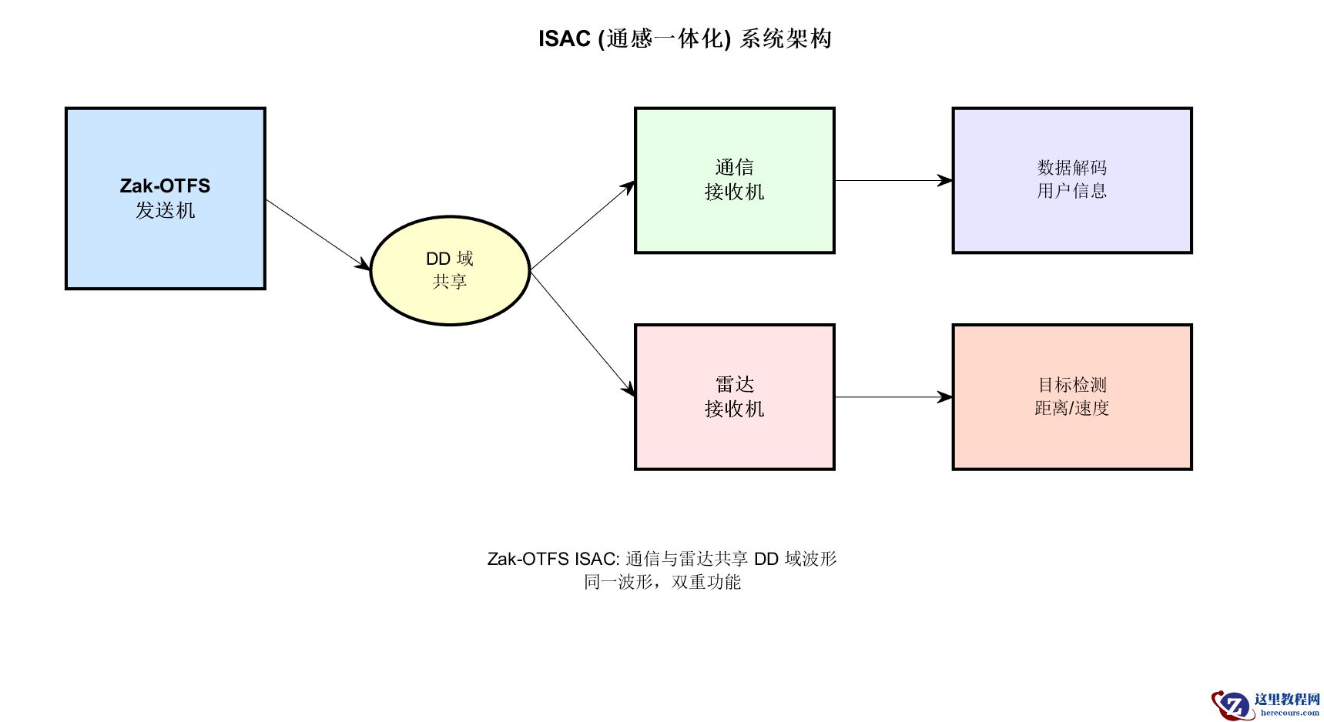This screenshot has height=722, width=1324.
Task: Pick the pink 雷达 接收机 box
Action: pyautogui.click(x=734, y=439)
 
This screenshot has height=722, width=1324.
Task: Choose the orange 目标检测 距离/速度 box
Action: pyautogui.click(x=1071, y=439)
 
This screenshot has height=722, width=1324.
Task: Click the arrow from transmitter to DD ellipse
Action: pyautogui.click(x=317, y=234)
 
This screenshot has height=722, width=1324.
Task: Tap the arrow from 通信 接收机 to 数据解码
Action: pyautogui.click(x=893, y=181)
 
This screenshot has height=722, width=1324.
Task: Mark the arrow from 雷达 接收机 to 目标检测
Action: pyautogui.click(x=893, y=397)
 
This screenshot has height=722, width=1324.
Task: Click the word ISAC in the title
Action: pyautogui.click(x=564, y=38)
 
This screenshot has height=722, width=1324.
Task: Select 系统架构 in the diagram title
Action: pyautogui.click(x=786, y=38)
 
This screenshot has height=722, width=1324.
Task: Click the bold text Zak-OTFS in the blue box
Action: pyautogui.click(x=165, y=186)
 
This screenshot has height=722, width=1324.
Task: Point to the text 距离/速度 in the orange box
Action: pyautogui.click(x=1071, y=408)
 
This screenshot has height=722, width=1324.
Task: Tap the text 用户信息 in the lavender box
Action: pyautogui.click(x=1071, y=191)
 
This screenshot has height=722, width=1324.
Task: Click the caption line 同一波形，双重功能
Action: pyautogui.click(x=662, y=582)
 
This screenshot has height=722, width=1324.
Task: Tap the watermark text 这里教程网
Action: pyautogui.click(x=1286, y=699)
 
